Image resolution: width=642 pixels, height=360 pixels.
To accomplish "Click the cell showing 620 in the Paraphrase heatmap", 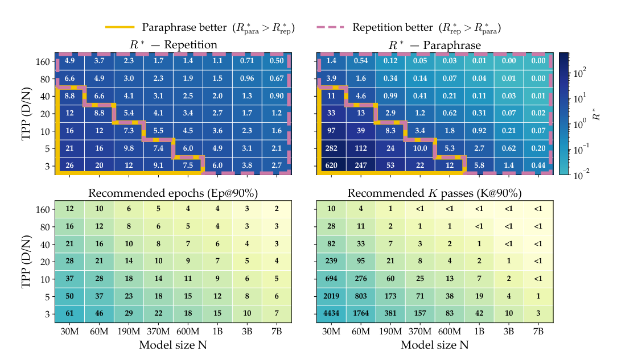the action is coord(331,165).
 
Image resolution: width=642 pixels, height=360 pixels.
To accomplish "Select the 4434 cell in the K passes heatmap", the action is coord(331,314).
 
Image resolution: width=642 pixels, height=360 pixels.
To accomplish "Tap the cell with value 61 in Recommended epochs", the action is coord(69,314).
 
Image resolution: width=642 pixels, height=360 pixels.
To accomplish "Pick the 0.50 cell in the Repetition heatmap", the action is coord(277,61).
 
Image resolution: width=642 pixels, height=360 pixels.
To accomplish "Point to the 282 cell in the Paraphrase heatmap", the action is coord(331,148).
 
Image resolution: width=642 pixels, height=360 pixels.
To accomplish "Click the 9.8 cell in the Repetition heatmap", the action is coord(129,148).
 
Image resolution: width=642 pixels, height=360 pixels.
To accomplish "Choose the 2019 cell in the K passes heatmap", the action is coord(331,296).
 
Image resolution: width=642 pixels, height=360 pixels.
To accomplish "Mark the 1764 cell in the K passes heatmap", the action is coord(361,314).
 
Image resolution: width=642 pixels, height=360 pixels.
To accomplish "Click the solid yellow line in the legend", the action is coord(120,27).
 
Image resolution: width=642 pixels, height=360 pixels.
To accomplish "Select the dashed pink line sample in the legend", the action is coord(330,27).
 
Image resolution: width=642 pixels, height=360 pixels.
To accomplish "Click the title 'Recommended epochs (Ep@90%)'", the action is coord(173,193).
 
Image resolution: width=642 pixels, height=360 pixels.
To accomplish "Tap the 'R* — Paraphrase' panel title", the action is coord(435,45).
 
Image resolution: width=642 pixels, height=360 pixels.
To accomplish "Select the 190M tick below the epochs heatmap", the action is coord(129,332).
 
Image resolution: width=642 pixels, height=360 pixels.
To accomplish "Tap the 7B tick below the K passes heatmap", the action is coord(538,332).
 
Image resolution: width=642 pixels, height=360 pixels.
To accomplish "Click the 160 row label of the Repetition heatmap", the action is coord(43,62).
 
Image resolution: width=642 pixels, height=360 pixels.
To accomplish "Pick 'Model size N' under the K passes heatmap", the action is coord(434,345).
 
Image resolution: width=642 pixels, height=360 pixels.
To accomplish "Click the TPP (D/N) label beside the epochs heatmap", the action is coord(27,262).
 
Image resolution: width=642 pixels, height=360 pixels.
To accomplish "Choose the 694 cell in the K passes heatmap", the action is coord(331,279).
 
